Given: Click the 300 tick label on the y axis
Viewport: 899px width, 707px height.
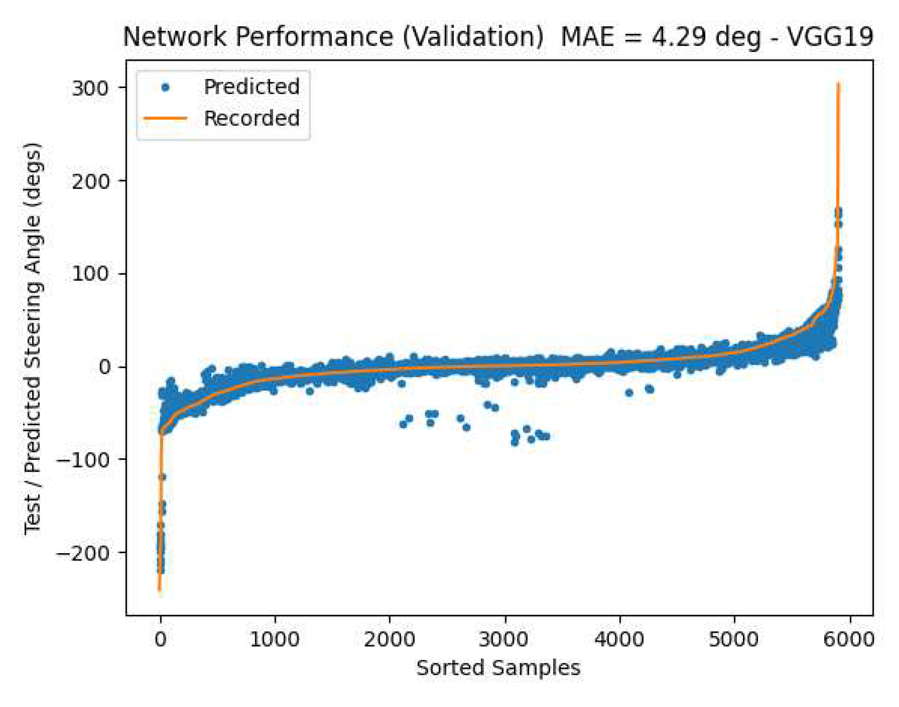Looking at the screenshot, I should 90,88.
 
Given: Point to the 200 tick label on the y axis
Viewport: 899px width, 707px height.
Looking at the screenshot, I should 90,181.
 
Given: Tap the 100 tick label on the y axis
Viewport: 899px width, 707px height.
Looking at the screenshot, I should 90,274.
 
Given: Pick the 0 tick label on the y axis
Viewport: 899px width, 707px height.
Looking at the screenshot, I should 105,367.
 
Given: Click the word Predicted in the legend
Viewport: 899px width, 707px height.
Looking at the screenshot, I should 251,87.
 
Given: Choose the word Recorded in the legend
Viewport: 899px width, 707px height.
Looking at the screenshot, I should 251,118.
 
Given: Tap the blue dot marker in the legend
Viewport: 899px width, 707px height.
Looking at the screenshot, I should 165,87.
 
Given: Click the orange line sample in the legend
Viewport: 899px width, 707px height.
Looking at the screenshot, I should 165,119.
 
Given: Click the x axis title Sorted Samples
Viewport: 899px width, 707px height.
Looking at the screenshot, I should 498,668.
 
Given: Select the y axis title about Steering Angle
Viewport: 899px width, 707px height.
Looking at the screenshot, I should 33,339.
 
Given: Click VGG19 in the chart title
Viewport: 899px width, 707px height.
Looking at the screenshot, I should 830,37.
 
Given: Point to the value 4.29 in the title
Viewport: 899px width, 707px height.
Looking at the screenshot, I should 678,37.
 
